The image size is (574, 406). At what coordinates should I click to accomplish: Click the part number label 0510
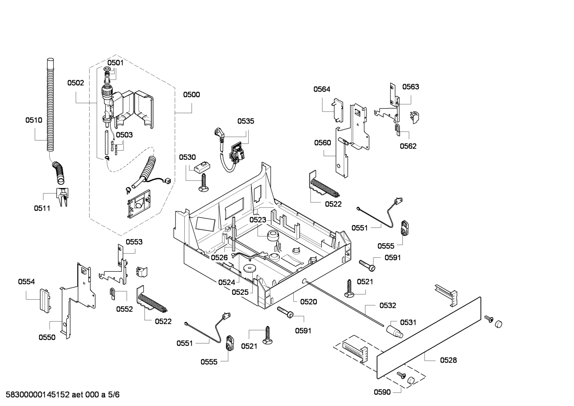33,120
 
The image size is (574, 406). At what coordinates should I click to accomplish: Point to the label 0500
191,94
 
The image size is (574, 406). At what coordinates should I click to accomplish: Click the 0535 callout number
246,121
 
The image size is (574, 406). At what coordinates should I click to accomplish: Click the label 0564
322,89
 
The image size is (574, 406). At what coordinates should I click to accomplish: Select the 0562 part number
408,146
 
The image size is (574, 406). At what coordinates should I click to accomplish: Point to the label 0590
382,392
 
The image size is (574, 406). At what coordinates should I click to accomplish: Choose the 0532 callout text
388,306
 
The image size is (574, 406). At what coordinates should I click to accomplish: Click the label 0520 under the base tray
308,302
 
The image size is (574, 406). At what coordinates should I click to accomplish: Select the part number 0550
47,337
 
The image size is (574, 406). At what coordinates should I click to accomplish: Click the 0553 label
134,242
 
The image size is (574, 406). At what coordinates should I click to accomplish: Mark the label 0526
219,258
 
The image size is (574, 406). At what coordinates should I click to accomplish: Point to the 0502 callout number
76,83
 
